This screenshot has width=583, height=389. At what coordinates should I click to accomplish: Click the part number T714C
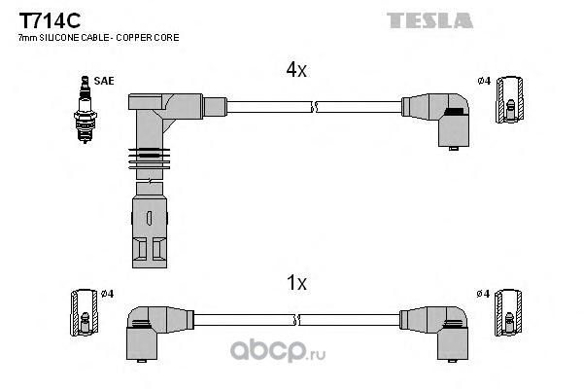[50, 20]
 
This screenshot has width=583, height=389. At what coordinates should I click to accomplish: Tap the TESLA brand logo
[429, 20]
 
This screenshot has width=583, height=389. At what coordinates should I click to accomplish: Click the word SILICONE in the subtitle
[58, 38]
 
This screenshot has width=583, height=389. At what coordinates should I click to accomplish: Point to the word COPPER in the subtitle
[132, 38]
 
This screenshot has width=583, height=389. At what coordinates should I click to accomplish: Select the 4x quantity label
[296, 70]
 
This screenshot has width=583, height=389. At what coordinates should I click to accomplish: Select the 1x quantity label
[296, 283]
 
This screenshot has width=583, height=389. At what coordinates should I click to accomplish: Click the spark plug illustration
[86, 110]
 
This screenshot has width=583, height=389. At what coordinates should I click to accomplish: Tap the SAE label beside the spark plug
[104, 81]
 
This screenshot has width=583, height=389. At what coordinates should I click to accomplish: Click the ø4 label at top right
[484, 81]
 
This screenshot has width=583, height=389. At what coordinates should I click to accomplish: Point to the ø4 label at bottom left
[107, 294]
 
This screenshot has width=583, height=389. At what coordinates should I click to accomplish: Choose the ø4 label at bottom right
[483, 294]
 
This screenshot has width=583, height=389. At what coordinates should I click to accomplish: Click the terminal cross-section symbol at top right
[510, 100]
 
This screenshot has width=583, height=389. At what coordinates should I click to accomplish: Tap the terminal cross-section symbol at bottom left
[85, 313]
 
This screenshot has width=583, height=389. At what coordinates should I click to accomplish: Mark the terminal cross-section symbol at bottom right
[508, 313]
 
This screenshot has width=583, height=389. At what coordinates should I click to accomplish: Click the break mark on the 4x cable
[315, 107]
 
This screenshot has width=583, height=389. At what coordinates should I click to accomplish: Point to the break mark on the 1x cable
[296, 320]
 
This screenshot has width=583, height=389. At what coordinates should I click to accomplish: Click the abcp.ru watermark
[278, 351]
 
